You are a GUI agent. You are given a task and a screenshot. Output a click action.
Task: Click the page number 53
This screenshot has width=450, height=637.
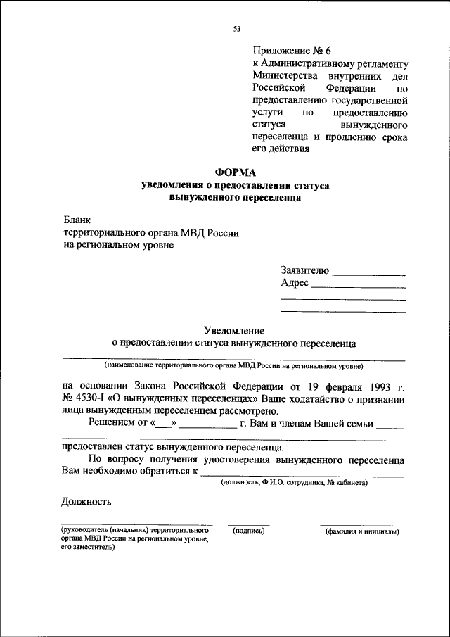click(236, 29)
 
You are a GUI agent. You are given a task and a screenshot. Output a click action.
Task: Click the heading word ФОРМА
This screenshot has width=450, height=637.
click(235, 172)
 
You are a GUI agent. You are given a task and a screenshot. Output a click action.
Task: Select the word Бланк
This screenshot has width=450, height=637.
click(77, 220)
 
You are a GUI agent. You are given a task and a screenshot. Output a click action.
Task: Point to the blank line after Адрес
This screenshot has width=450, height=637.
click(358, 286)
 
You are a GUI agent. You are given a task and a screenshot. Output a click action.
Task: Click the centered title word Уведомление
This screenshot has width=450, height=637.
click(234, 329)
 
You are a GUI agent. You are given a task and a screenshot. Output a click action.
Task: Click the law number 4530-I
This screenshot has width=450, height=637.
click(93, 399)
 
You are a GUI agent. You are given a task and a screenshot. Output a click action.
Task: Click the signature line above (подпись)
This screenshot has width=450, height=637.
click(248, 524)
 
